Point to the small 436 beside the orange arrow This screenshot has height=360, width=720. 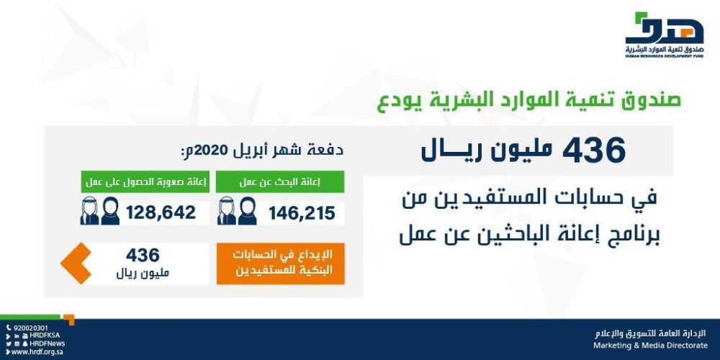[142, 255]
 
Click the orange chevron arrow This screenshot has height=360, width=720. [75, 264]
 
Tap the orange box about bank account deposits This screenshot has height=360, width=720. [280, 264]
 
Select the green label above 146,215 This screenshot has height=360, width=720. [280, 182]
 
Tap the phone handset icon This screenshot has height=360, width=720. [8, 328]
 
